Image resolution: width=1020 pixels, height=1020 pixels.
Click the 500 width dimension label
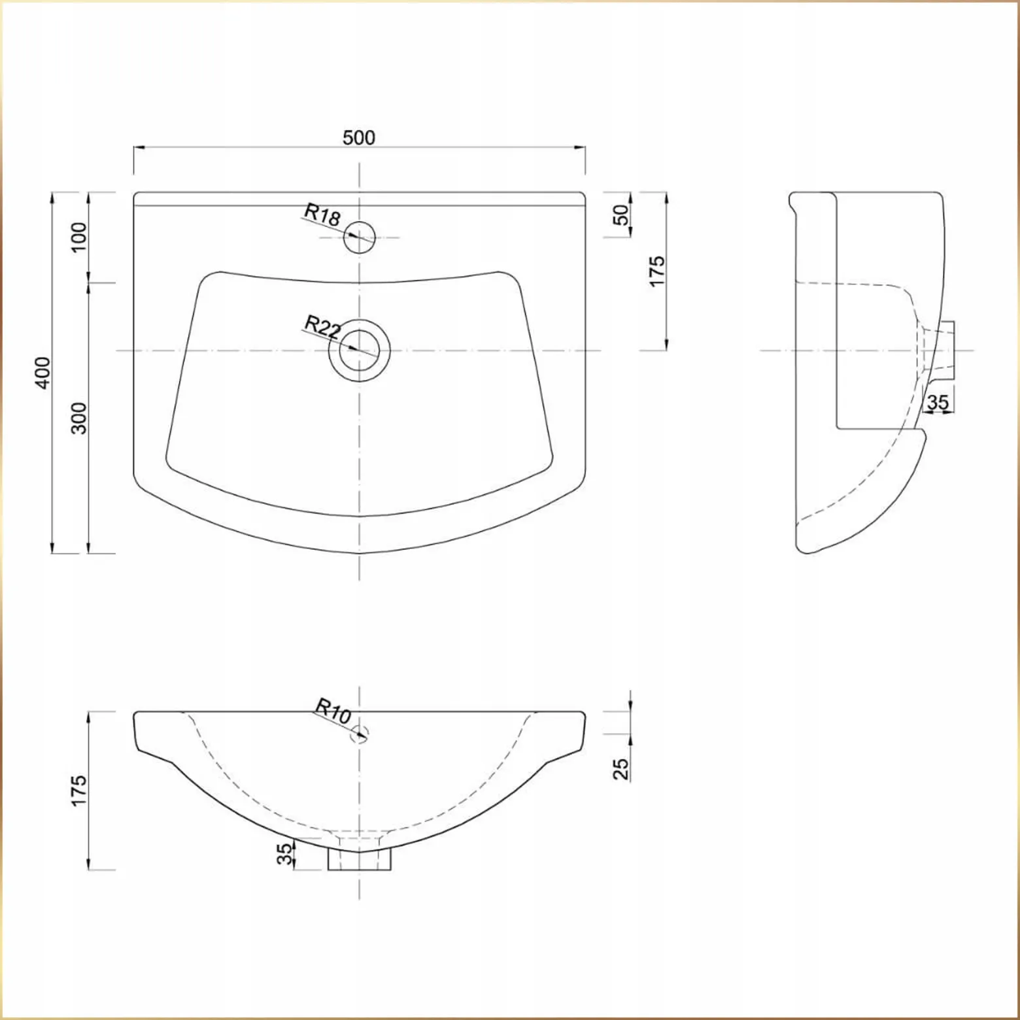coord(359,137)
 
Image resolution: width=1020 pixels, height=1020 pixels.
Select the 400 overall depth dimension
coord(42,373)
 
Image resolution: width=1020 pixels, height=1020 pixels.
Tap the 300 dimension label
coord(78,418)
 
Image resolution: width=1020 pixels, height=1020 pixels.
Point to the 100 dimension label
coord(78,237)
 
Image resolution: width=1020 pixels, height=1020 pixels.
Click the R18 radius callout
coord(322,214)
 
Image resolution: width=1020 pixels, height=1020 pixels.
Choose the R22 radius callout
coord(322,326)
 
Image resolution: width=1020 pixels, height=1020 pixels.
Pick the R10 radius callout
coord(333,711)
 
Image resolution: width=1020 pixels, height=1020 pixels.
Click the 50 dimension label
coord(622,214)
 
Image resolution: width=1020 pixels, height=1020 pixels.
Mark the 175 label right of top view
coord(657,270)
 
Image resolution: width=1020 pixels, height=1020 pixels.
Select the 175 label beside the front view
coord(78,790)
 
